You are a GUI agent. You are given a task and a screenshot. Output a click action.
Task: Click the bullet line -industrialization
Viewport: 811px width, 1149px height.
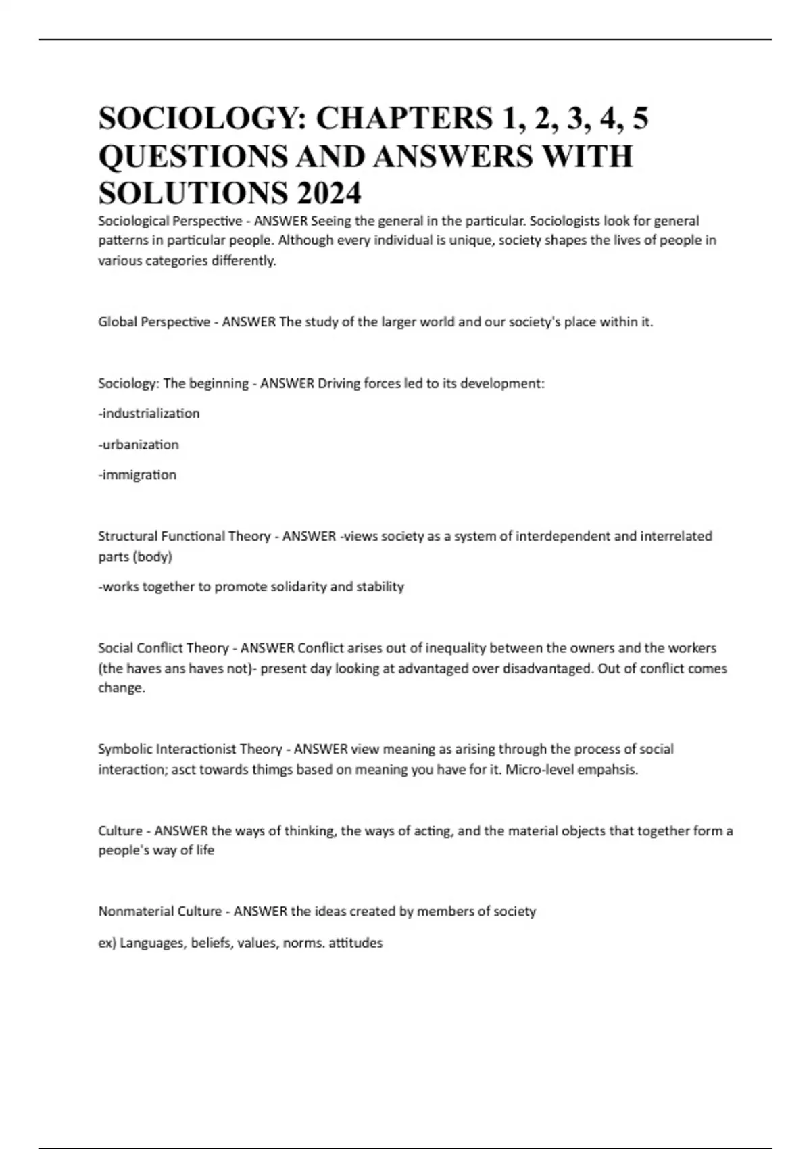[149, 413]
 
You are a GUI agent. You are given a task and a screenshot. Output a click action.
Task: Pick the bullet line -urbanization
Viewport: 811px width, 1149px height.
[139, 445]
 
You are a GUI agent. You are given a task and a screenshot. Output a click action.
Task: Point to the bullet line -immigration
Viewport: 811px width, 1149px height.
[137, 475]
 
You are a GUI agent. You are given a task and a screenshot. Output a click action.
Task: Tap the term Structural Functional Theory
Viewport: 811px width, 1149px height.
[184, 536]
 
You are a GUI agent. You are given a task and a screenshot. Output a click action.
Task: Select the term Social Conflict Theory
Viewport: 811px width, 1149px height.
[164, 648]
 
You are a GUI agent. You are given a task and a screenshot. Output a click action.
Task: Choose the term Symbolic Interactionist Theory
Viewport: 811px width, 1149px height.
[190, 749]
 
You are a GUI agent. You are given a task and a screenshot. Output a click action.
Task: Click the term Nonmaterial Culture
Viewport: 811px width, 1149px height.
[159, 911]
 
